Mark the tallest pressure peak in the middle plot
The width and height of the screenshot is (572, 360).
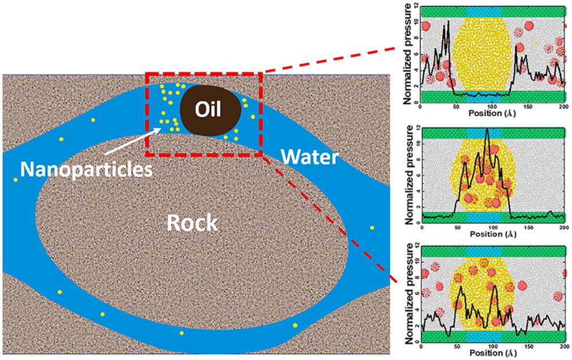tap(487, 129)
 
